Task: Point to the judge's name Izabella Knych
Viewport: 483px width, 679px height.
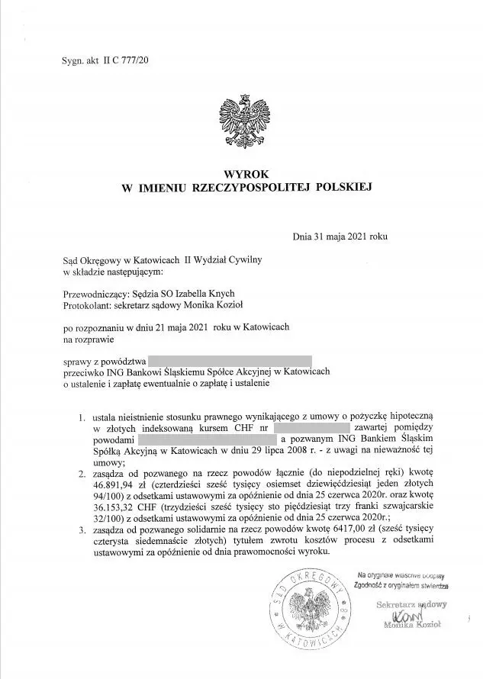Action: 205,294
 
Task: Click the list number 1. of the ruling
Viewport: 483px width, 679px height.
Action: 81,418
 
